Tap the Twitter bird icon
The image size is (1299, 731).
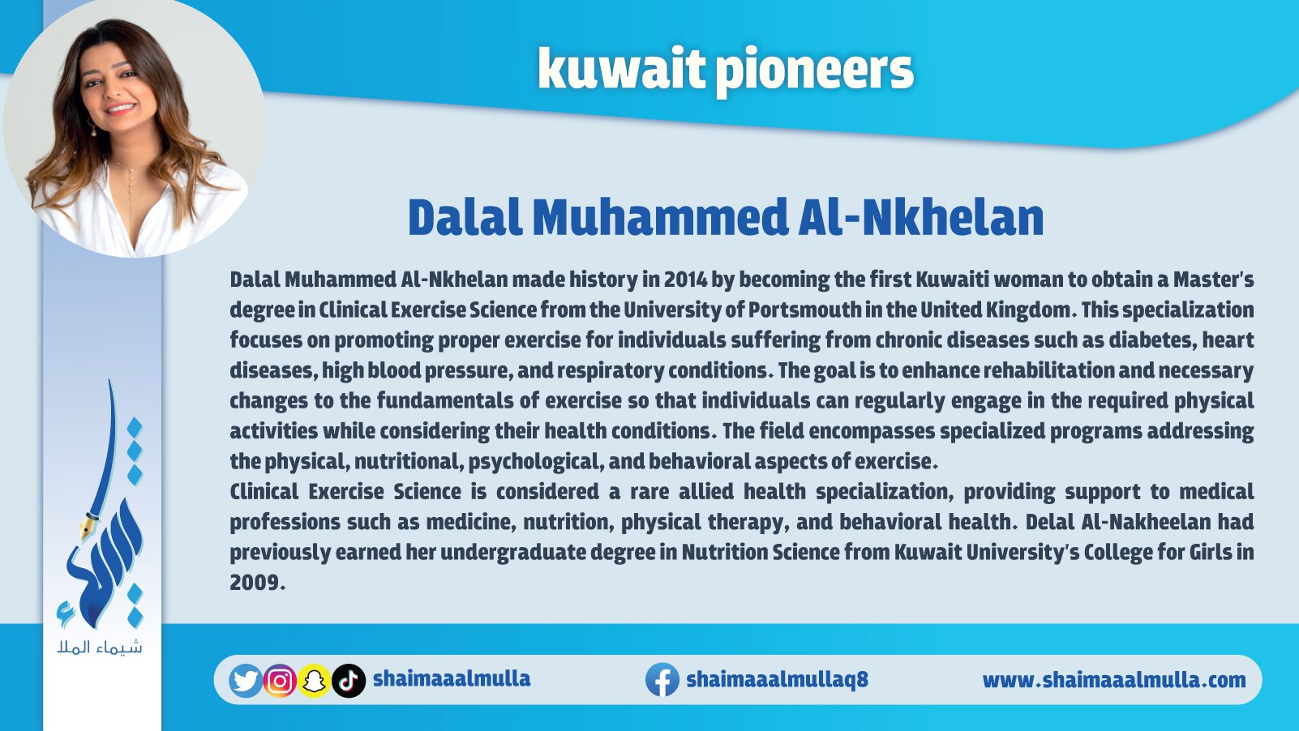tap(246, 680)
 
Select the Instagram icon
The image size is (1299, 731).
tap(280, 680)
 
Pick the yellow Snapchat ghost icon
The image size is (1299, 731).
tap(314, 681)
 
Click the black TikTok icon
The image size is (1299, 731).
tap(349, 681)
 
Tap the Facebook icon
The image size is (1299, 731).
tap(662, 679)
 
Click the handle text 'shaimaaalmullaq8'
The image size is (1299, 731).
tap(777, 679)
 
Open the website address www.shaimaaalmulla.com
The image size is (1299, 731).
tap(1114, 680)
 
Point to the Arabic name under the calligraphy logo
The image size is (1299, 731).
tap(100, 647)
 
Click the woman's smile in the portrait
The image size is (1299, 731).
tap(121, 109)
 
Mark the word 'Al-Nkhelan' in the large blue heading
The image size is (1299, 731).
tap(921, 218)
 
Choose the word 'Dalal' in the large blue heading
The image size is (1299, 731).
tap(465, 218)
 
